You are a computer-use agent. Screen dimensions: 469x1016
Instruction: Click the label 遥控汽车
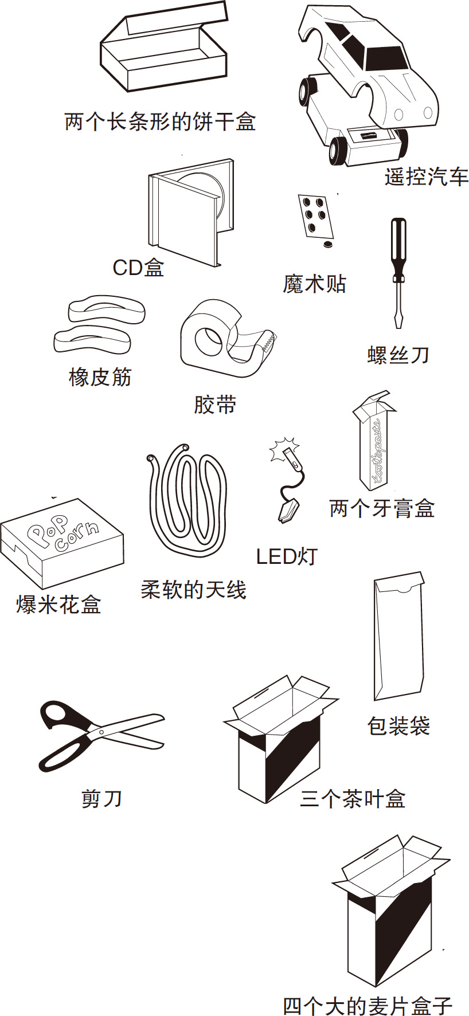426,177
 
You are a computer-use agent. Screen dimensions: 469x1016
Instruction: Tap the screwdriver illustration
398,272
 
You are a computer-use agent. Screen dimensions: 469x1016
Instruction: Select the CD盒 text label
138,268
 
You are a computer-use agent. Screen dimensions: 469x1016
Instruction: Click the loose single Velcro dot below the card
327,244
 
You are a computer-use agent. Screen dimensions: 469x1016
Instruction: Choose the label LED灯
286,556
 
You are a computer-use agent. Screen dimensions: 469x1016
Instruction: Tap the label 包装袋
398,726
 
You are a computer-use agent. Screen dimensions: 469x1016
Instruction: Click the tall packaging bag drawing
399,636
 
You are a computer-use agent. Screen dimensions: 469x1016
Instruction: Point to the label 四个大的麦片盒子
368,1005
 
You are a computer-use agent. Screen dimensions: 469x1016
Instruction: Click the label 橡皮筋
100,378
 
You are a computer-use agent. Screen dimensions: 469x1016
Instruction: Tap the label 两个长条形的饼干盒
160,121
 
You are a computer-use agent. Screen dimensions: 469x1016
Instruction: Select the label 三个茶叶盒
353,798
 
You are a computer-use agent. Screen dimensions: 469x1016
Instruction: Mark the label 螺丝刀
398,355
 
